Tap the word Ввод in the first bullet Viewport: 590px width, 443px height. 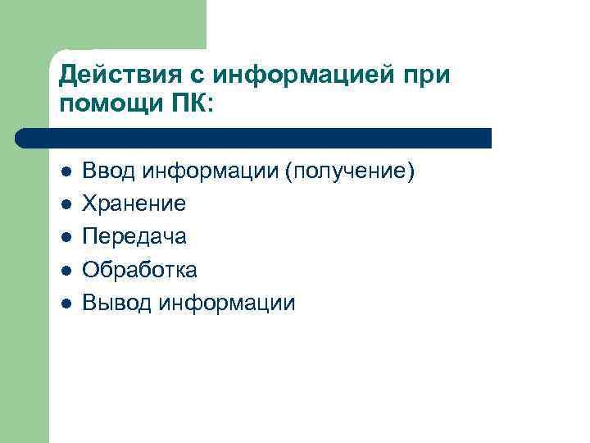[111, 171]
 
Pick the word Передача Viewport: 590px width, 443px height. [135, 236]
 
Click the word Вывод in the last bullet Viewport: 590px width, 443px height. [119, 302]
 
